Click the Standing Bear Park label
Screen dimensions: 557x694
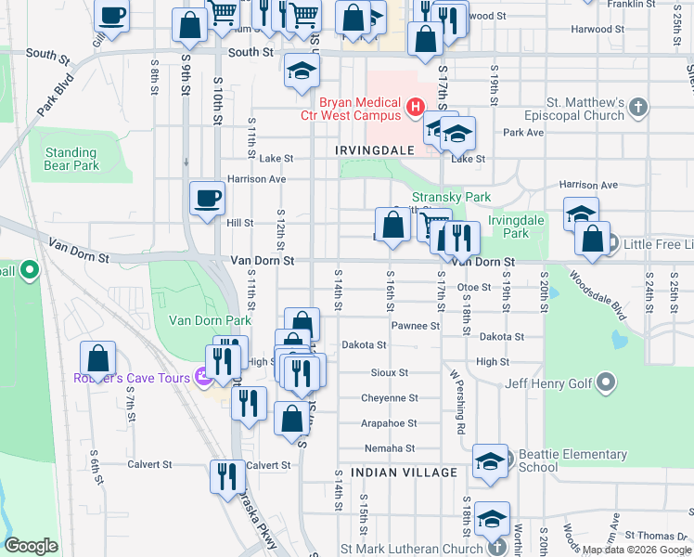(71, 159)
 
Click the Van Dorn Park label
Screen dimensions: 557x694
(210, 320)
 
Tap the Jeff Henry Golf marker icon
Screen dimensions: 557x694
(606, 382)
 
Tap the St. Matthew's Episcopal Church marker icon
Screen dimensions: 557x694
(636, 108)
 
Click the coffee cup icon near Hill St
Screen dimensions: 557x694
(207, 198)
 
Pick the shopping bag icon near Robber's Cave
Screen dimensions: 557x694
(97, 358)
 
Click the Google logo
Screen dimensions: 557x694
(31, 545)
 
